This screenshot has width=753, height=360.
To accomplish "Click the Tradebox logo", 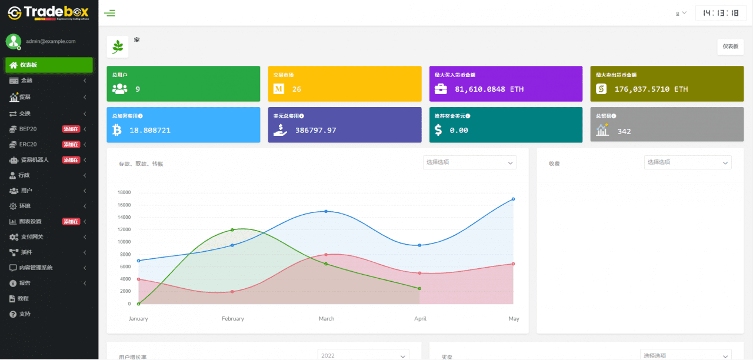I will (48, 12).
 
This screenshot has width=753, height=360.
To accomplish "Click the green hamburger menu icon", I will (109, 13).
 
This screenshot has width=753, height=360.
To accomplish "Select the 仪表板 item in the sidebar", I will (49, 65).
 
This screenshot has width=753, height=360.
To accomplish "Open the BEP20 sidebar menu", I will (28, 129).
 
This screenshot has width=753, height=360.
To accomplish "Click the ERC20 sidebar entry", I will (28, 144).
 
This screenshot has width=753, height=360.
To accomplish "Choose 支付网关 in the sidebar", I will (32, 236).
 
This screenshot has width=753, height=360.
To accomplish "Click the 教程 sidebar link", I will (23, 298).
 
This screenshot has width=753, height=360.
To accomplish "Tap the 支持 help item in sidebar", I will (24, 314).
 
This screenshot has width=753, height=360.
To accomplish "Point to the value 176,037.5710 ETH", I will (651, 89).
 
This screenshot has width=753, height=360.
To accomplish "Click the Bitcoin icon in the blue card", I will (116, 130).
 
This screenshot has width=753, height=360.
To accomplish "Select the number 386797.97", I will (315, 130).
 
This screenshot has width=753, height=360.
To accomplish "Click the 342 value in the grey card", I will (624, 131).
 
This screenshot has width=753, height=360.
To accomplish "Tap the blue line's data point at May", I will (513, 199).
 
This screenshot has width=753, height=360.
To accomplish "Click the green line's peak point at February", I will (232, 229).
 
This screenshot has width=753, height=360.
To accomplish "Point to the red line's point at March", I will (326, 255).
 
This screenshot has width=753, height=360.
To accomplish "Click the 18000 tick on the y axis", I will (124, 192).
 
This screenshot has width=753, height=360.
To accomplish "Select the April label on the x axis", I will (420, 319).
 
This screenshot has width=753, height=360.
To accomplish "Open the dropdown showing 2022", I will (363, 355).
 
